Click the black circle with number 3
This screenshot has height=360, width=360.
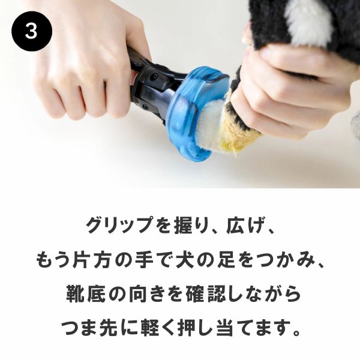click(x=32, y=31)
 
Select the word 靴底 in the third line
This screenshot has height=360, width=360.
click(x=86, y=295)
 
